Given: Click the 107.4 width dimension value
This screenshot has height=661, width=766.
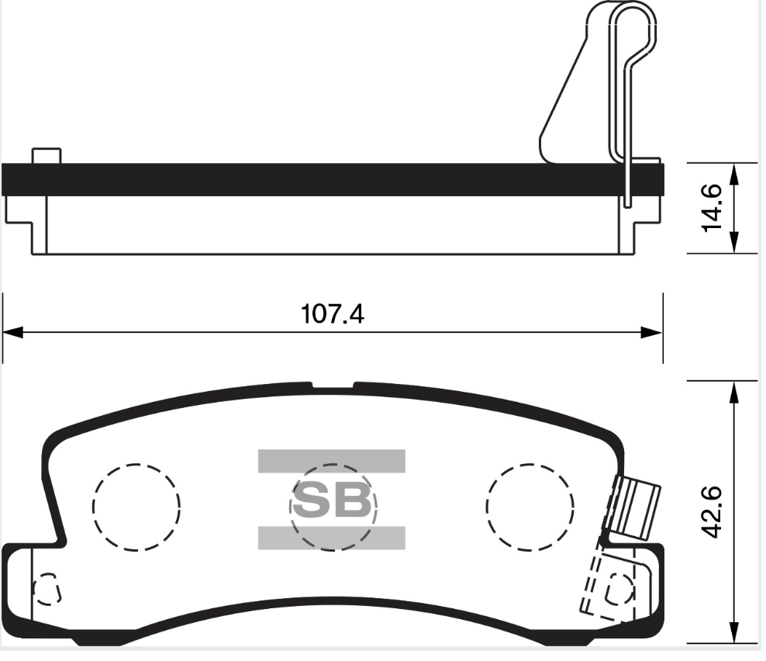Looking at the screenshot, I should pyautogui.click(x=331, y=314).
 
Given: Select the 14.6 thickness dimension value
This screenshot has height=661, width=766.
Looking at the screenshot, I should pyautogui.click(x=711, y=207).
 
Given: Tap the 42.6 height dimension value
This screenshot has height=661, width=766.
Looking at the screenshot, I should pyautogui.click(x=711, y=511).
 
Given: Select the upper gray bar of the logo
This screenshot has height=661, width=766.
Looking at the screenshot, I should pyautogui.click(x=331, y=460).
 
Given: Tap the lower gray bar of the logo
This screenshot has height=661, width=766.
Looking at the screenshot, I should pyautogui.click(x=331, y=537).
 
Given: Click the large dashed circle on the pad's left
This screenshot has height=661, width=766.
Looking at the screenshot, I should pyautogui.click(x=136, y=507).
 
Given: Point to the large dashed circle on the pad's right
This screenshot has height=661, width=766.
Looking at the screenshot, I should pyautogui.click(x=530, y=507).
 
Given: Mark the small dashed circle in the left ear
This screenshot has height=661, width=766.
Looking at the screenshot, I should pyautogui.click(x=47, y=590).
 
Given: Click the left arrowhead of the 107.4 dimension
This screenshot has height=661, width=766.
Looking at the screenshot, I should pyautogui.click(x=11, y=332).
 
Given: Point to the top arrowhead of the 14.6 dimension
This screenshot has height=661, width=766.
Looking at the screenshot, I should pyautogui.click(x=733, y=171).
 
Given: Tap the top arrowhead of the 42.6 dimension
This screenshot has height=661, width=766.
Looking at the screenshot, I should pyautogui.click(x=733, y=390).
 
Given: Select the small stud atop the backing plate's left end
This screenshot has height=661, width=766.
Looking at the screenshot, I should pyautogui.click(x=47, y=155).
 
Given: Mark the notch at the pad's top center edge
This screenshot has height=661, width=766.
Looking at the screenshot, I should pyautogui.click(x=333, y=385).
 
